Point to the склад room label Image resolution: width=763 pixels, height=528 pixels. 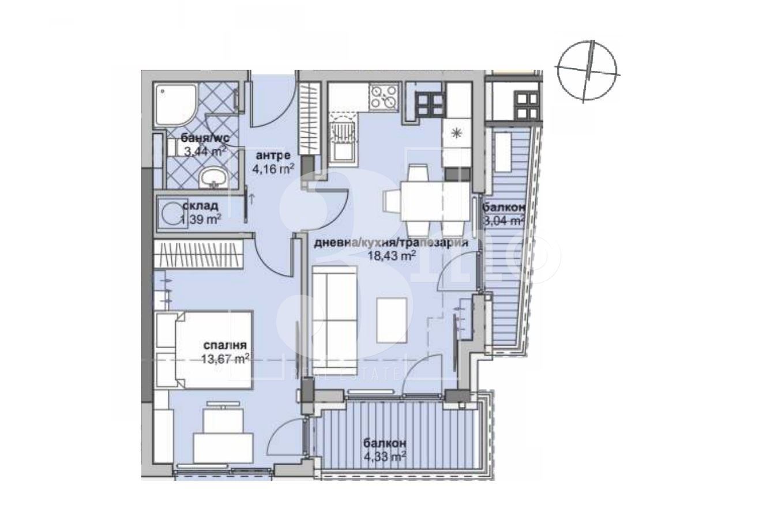tap(200, 206)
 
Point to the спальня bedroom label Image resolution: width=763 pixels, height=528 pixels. tap(224, 345)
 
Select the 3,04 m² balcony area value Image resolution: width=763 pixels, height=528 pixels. tap(503, 220)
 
